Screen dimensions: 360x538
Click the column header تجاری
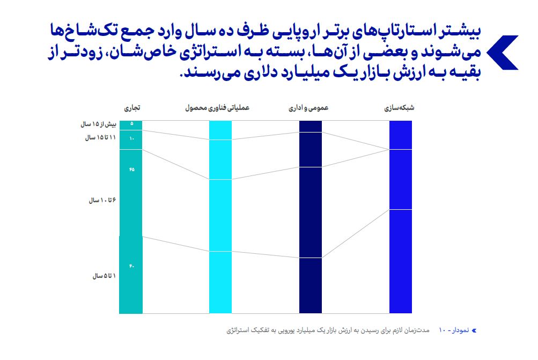(x=132, y=108)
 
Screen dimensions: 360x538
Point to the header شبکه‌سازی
(x=400, y=108)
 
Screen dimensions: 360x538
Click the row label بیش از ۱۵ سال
(x=98, y=124)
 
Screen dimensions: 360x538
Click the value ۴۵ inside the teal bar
(x=131, y=170)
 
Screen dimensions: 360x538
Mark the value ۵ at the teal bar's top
(x=131, y=124)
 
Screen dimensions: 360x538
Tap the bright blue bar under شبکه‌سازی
(x=400, y=241)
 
